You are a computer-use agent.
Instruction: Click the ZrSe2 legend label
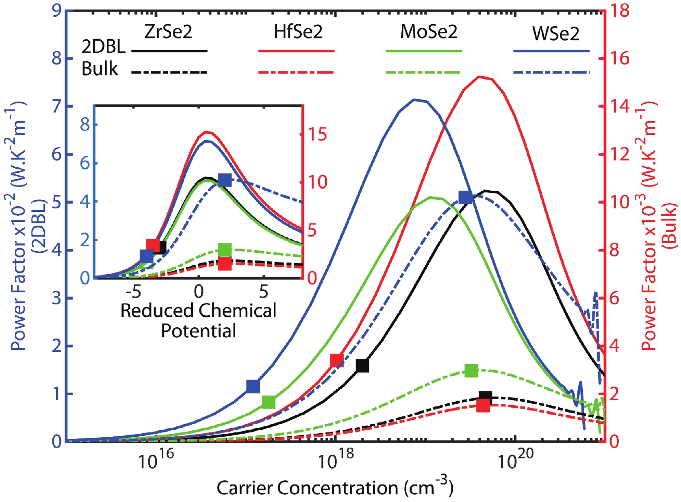(168, 32)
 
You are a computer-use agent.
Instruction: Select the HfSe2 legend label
(298, 32)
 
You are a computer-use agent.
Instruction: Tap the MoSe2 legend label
(428, 32)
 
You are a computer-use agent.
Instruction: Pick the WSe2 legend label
(556, 34)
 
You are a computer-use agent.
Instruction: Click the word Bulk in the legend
(99, 69)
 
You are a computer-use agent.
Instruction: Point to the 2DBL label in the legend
(103, 46)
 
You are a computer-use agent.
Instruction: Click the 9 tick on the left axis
(57, 10)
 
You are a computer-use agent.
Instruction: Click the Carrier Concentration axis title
(335, 488)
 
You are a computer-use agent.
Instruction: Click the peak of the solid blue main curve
(414, 99)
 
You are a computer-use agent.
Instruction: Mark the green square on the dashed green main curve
(471, 371)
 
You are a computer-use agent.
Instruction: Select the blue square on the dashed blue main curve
(465, 197)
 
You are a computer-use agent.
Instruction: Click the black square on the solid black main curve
(362, 365)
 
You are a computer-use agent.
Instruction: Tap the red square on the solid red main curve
(337, 360)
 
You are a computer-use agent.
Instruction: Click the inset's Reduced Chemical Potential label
(198, 320)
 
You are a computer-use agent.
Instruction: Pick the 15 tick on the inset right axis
(317, 134)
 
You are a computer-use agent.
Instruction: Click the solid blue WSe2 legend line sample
(551, 51)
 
